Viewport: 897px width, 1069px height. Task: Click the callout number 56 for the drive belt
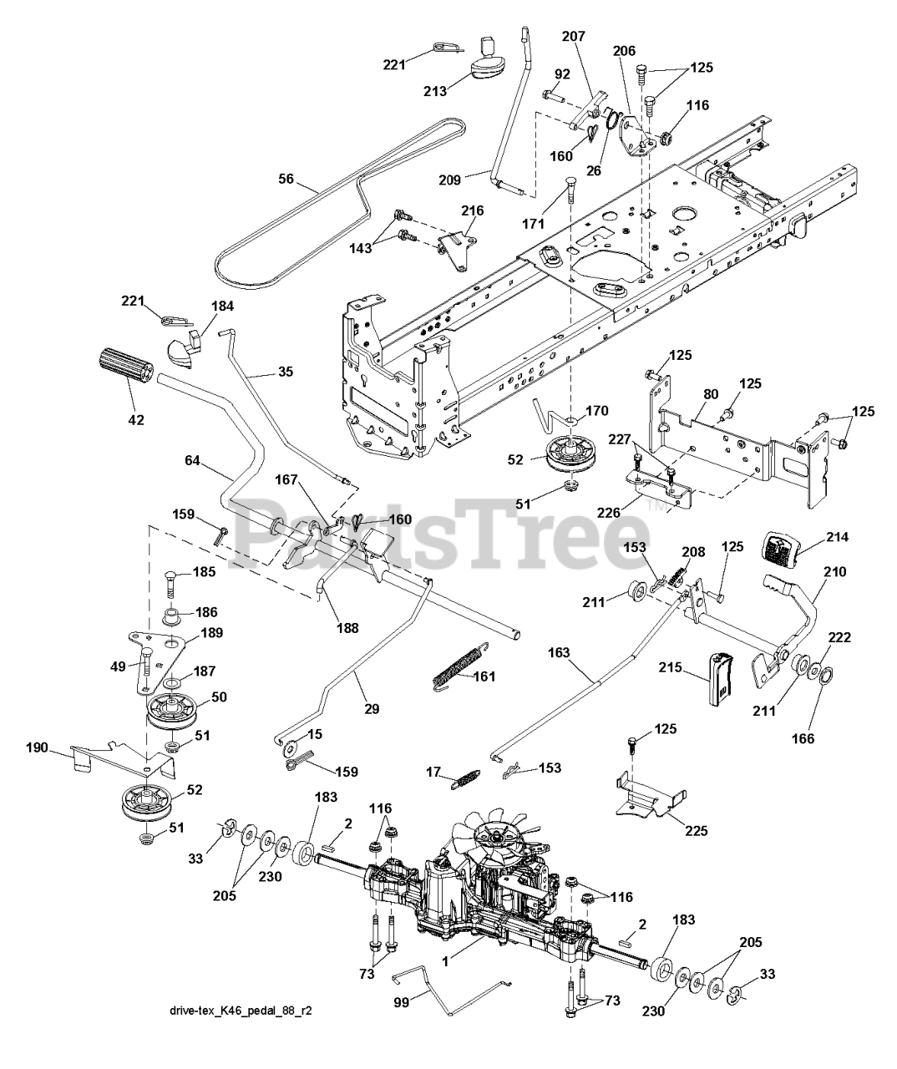[286, 178]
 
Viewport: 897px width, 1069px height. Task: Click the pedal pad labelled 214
[782, 549]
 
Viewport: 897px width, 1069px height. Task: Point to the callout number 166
[807, 738]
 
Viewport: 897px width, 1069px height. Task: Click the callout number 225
[697, 830]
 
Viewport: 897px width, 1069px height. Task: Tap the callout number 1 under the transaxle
[445, 960]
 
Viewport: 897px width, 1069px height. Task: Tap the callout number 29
[372, 708]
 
